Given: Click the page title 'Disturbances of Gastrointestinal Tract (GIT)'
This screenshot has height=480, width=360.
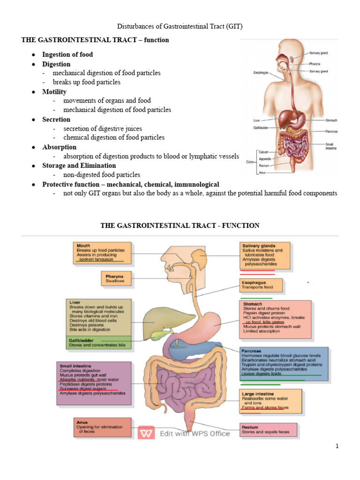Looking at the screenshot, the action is [x=180, y=26].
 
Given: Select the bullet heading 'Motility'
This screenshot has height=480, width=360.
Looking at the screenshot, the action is [x=54, y=92].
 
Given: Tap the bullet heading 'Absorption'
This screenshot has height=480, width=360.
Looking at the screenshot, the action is [x=59, y=147].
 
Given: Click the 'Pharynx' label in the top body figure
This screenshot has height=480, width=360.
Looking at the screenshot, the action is [x=315, y=64].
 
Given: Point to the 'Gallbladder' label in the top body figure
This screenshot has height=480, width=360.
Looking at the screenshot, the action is [x=261, y=127].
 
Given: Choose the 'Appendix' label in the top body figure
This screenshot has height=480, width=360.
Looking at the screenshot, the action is [x=265, y=159].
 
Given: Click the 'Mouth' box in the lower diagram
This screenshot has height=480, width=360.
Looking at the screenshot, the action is [x=102, y=253].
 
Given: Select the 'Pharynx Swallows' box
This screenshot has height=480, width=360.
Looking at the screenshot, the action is [x=116, y=278].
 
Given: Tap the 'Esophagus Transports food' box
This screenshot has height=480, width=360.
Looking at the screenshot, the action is [x=261, y=285].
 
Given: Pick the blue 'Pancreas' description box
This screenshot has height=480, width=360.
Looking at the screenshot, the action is [x=284, y=364].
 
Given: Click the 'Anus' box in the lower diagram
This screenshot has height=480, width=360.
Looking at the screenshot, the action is [x=102, y=427].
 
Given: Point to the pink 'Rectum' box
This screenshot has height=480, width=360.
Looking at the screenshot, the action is [x=268, y=429].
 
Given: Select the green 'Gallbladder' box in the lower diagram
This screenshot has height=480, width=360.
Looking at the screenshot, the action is [x=98, y=343].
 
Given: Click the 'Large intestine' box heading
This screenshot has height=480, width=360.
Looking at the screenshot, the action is [x=258, y=394].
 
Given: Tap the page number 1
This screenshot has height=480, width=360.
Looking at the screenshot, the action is [x=337, y=446].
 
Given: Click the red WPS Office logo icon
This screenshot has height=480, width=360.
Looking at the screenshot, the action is [x=146, y=433].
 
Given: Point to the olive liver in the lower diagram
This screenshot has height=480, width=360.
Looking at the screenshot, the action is [x=167, y=322].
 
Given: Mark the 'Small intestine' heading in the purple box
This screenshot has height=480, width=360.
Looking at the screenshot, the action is [x=75, y=366].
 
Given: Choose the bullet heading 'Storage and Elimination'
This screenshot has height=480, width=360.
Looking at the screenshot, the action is [x=79, y=165].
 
